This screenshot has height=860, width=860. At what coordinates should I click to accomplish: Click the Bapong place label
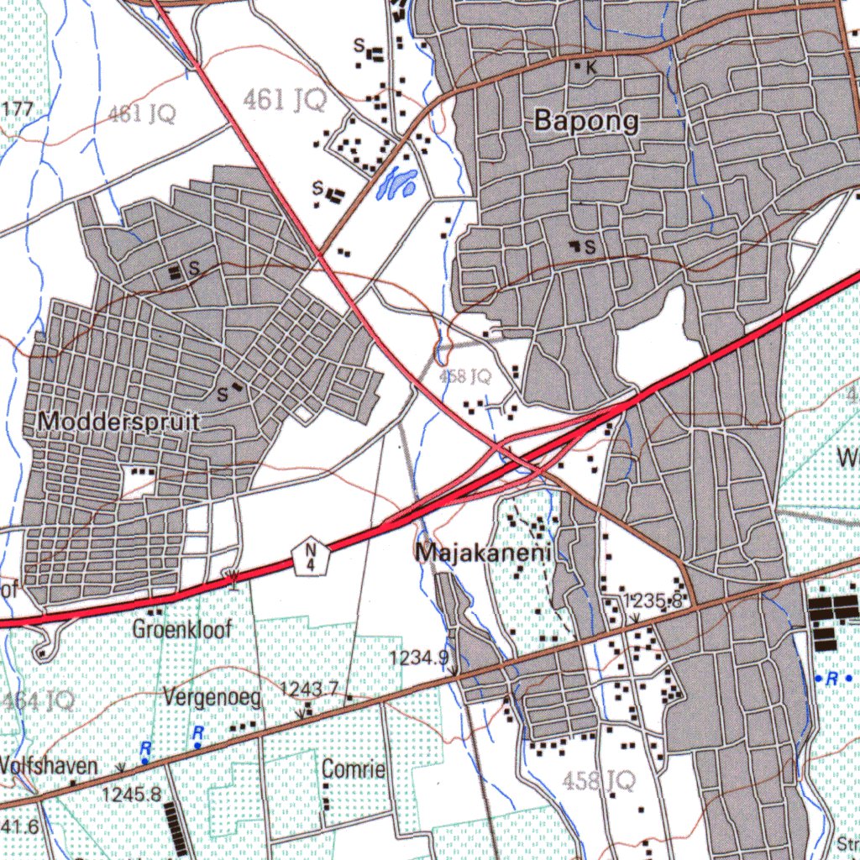pos(586,122)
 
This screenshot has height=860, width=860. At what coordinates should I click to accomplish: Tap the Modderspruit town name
pos(118,422)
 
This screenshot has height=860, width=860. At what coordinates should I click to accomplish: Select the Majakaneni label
pos(483,553)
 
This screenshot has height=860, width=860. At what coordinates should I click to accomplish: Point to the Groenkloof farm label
pos(181,628)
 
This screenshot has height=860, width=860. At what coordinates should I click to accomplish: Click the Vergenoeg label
pos(212,696)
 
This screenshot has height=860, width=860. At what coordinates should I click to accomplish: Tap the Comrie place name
pos(354,768)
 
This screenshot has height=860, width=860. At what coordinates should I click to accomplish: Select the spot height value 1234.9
pos(420,658)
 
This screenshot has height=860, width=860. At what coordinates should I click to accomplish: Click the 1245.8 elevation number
pos(131,793)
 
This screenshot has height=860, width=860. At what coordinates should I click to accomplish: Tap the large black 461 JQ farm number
pos(285,102)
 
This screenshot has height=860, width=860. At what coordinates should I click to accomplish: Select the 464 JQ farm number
pos(38,700)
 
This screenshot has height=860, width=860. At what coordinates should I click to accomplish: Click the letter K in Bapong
pos(590,69)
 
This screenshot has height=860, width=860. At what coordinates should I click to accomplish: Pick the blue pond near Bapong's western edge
pos(396,183)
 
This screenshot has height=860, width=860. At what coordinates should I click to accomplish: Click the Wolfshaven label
pos(49,766)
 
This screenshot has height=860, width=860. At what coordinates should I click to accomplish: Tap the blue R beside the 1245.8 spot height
pos(145,747)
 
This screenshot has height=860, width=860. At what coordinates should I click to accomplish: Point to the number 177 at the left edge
pos(18,109)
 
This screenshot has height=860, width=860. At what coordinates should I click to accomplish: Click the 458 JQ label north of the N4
pos(465,377)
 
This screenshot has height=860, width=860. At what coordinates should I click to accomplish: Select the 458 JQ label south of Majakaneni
pos(599,781)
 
